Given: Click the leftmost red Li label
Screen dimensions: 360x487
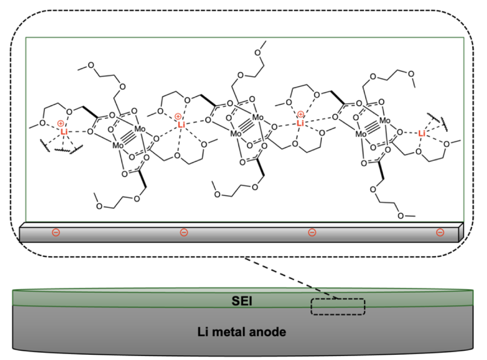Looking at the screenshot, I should tap(64, 131).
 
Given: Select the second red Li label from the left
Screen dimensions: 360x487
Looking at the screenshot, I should tap(181, 125).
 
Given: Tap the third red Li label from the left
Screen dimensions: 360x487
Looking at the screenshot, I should tap(300, 123).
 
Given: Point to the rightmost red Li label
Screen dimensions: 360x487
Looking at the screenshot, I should tap(421, 133).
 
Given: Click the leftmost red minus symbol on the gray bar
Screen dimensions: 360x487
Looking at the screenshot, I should tap(56, 232).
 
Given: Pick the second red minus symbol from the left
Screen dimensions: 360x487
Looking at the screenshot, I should tap(183, 233).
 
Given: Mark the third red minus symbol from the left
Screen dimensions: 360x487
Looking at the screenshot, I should tap(312, 233).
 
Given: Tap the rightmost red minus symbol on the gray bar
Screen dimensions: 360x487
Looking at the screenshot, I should tap(440, 233).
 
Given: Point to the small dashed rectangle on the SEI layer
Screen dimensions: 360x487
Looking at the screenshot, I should tap(337, 306).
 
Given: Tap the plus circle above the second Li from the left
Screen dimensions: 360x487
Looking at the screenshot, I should tap(178, 117).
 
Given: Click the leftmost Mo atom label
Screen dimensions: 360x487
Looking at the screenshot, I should tap(119, 145).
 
